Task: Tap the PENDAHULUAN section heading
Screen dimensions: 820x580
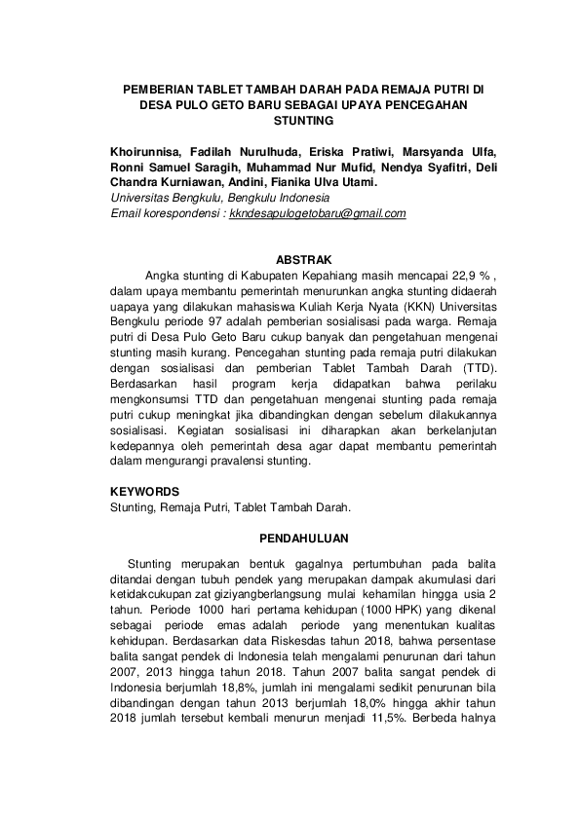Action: point(305,538)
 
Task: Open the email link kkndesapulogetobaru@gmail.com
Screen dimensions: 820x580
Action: point(317,213)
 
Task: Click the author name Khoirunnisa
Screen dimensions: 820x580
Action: point(145,151)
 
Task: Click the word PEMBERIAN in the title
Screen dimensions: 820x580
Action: point(158,89)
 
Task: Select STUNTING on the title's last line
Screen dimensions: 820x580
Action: point(304,120)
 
